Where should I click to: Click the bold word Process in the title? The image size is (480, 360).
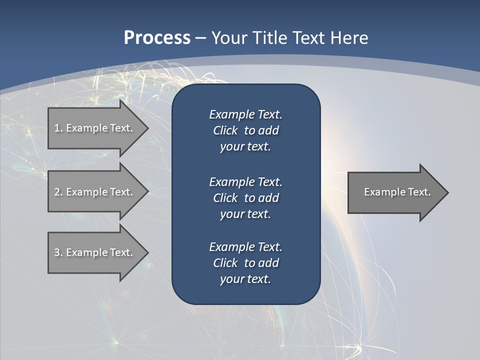pos(157,38)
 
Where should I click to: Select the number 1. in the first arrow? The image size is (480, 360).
pos(58,128)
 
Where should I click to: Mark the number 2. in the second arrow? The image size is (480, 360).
pos(58,192)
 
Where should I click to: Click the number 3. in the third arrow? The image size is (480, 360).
pos(58,252)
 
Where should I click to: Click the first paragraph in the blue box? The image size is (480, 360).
pos(245,130)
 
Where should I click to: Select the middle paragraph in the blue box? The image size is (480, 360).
pos(245,197)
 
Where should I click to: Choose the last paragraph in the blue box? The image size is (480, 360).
pos(245,263)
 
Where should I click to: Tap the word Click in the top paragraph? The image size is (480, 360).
pos(225,130)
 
